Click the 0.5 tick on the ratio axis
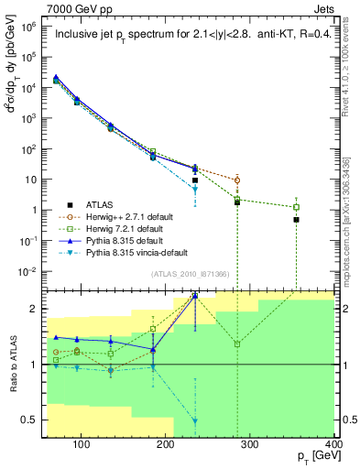pos(34,420)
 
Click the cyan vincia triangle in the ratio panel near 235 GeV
pos(195,420)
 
